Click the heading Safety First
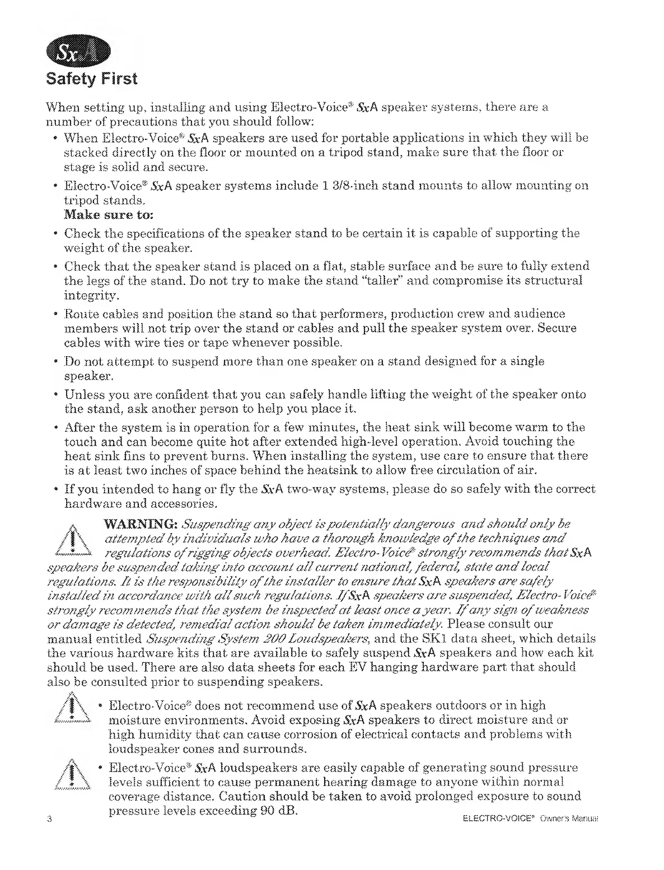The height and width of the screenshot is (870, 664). point(91,78)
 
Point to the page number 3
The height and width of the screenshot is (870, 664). point(50,820)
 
